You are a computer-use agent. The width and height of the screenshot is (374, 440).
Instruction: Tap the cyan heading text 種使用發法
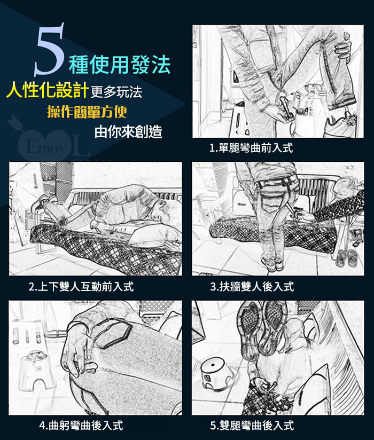pyautogui.click(x=120, y=65)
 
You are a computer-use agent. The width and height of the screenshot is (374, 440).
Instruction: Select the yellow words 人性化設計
pyautogui.click(x=47, y=90)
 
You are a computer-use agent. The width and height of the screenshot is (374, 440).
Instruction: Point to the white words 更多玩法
pyautogui.click(x=116, y=92)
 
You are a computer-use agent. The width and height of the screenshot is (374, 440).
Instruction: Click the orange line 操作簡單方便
pyautogui.click(x=87, y=112)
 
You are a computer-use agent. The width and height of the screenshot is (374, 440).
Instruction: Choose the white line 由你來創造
pyautogui.click(x=128, y=131)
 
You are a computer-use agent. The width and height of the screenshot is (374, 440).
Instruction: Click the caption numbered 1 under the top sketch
pyautogui.click(x=251, y=147)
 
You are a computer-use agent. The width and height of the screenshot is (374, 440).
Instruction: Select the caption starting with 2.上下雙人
pyautogui.click(x=81, y=287)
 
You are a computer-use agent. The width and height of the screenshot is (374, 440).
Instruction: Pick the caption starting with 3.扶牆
pyautogui.click(x=252, y=287)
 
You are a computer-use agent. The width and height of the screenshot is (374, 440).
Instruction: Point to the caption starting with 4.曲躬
pyautogui.click(x=81, y=426)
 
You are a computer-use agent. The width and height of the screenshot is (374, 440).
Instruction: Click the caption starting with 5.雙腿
pyautogui.click(x=252, y=426)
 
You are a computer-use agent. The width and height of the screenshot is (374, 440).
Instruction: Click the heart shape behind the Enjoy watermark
pyautogui.click(x=45, y=145)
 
